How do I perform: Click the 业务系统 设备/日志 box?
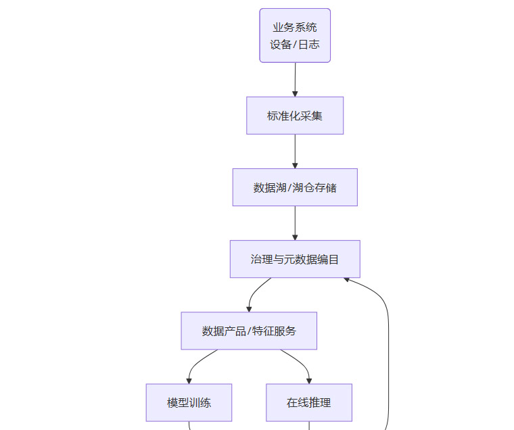tap(295, 35)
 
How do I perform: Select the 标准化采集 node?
tap(295, 116)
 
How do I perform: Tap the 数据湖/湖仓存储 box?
tap(295, 187)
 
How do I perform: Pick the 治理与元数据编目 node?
tap(295, 259)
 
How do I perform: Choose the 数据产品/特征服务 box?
tap(249, 331)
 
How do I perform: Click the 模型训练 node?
tap(189, 402)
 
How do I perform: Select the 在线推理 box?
tap(309, 402)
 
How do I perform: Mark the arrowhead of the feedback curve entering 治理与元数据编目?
tap(347, 279)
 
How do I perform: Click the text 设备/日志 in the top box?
tap(295, 45)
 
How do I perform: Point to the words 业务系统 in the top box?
tap(295, 28)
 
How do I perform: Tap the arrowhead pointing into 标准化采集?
tap(295, 93)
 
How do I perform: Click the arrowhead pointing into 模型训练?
tap(189, 381)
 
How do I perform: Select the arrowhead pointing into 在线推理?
tap(309, 381)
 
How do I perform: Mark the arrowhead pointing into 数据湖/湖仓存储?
tap(295, 165)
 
